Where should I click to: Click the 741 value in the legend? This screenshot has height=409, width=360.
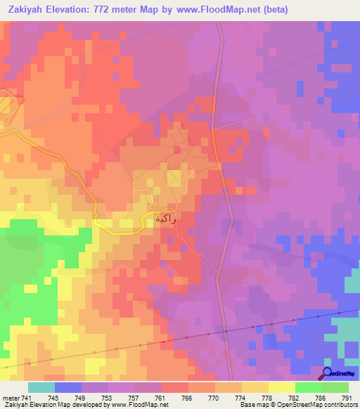(x=27, y=398)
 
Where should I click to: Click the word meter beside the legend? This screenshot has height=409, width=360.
(x=10, y=398)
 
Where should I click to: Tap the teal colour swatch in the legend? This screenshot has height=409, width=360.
(x=41, y=387)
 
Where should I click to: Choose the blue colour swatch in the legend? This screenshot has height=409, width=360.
(x=67, y=387)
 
